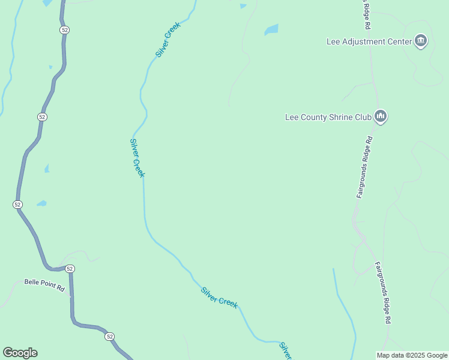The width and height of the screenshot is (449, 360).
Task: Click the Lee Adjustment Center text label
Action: point(369,42)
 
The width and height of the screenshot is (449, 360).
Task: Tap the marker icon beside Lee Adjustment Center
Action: point(421,41)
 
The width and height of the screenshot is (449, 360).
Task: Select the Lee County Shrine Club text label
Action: point(328,117)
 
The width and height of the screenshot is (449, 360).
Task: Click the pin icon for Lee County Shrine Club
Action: point(380,116)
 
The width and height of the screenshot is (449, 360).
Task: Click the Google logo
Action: point(20,353)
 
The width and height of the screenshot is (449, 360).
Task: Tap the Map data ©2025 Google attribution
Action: point(412,355)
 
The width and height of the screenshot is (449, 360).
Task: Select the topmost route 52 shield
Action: point(65,30)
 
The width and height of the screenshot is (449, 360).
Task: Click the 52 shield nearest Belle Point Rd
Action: point(70,268)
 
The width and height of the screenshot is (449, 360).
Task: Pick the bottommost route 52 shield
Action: point(109,337)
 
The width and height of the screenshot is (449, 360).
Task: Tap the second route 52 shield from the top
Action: point(41,116)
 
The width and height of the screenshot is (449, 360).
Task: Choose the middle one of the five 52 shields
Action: point(17,205)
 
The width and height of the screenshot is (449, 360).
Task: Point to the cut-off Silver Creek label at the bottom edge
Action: point(286,350)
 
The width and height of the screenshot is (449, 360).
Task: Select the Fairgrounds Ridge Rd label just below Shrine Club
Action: point(365,167)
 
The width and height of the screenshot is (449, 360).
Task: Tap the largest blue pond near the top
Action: point(271,29)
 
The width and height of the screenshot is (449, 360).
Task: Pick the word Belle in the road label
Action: point(32,281)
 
